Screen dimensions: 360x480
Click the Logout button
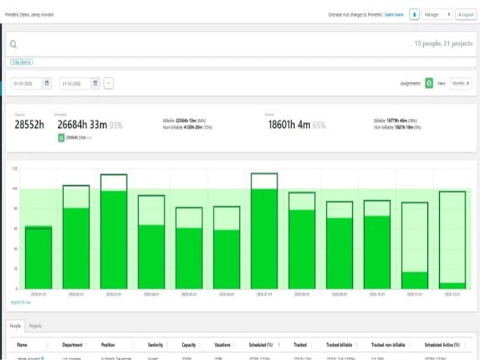(466, 14)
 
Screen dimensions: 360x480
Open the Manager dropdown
(437, 14)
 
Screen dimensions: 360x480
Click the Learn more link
(394, 14)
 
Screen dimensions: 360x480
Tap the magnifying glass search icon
(13, 44)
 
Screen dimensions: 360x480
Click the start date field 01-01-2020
(26, 83)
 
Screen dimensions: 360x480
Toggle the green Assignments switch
(429, 83)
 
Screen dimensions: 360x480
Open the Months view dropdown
(460, 83)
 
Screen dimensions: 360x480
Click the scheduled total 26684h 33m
(82, 125)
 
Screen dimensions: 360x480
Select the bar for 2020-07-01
(264, 234)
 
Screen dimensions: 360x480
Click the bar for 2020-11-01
(415, 246)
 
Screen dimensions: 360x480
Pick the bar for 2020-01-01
(38, 258)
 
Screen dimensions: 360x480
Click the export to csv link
(21, 302)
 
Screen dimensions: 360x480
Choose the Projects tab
(35, 326)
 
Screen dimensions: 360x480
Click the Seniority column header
(155, 345)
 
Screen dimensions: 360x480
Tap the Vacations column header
(223, 345)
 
